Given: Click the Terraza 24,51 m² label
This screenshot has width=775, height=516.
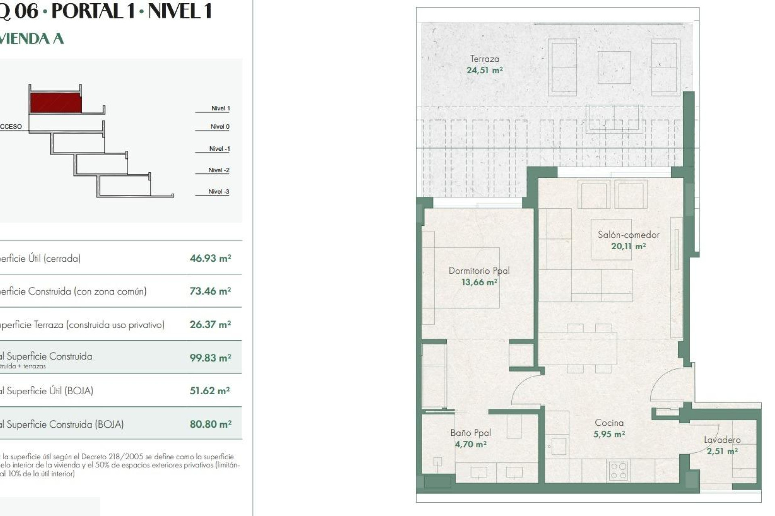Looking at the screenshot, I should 484,64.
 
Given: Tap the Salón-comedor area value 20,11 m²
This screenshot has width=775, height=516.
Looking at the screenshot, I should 628,246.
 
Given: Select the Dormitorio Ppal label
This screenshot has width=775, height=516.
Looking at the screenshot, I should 479,270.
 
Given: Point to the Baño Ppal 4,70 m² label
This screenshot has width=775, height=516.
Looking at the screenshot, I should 471,438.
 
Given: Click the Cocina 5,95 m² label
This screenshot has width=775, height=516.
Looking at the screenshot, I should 609,428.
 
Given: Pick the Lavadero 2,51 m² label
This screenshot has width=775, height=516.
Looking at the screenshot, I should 722,445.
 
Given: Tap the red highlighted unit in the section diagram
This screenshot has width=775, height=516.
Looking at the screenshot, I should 56,103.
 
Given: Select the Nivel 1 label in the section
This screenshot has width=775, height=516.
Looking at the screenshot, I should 220,108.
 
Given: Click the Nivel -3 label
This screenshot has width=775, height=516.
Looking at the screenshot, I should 219,191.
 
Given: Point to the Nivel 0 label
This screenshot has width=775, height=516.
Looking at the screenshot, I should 220,127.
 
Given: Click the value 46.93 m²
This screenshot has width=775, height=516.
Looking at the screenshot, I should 210,258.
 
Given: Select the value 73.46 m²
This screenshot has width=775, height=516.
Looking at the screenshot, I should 210,291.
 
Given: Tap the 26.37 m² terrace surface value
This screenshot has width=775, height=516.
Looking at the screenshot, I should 210,325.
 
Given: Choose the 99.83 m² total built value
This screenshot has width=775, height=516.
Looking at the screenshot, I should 210,358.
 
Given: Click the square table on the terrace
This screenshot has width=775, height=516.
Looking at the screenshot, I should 614,67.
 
